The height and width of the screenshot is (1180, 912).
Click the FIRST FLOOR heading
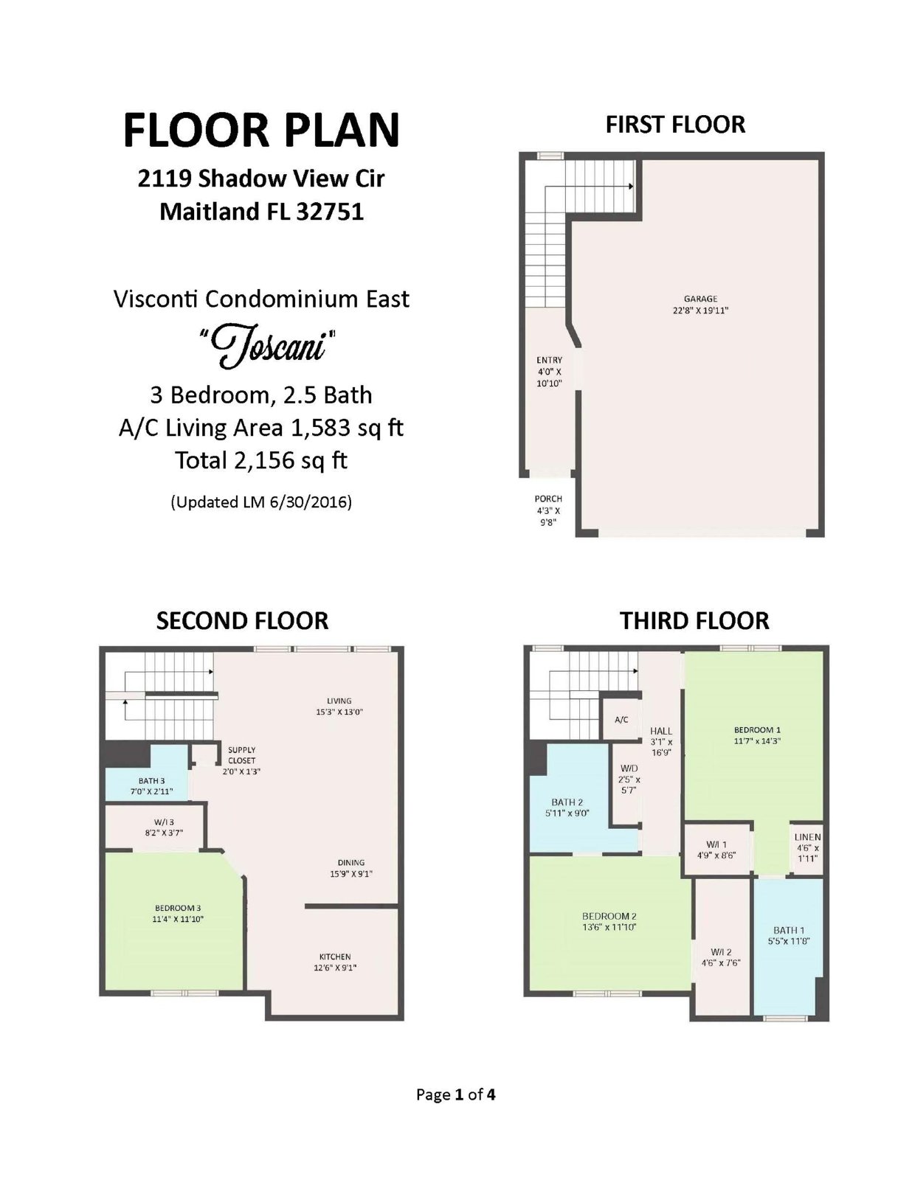675,125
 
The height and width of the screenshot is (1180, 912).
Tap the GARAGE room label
700,299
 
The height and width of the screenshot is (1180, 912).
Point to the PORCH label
548,499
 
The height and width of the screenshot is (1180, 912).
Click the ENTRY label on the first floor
549,360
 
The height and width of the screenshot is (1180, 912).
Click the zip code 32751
330,211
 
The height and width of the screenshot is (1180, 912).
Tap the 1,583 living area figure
320,428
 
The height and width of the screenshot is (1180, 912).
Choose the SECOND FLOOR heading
242,621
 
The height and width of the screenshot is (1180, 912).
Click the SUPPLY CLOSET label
242,754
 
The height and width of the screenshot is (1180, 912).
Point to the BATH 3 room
147,771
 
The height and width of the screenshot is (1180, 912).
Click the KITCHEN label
334,957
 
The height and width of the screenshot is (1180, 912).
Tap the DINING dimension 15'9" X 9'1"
351,874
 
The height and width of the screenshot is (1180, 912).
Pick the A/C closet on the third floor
621,719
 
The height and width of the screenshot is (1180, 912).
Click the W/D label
629,768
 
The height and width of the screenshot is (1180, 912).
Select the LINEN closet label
808,837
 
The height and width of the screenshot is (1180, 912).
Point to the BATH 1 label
789,930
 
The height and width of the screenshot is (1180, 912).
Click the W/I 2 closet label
721,951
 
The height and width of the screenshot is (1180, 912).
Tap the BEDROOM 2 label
609,915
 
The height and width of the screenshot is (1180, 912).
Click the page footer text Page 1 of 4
456,1094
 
